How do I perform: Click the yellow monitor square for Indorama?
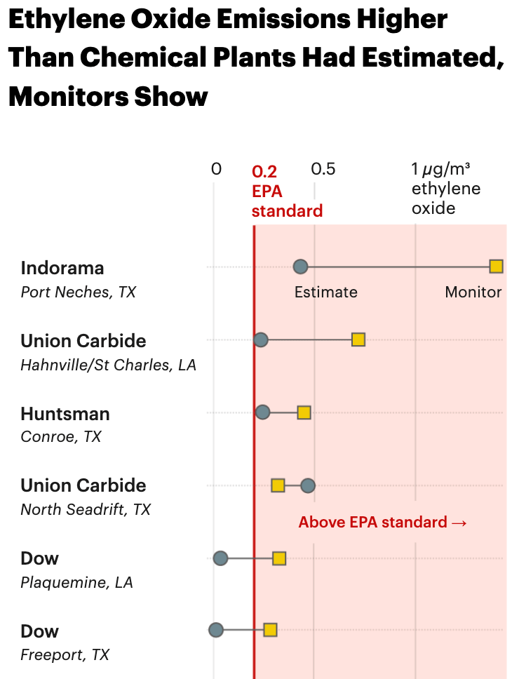tap(496, 267)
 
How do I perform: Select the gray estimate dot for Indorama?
tap(300, 267)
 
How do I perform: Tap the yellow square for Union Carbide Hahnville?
tap(358, 340)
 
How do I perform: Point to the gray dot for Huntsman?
tap(263, 412)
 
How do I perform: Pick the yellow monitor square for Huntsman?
tap(304, 412)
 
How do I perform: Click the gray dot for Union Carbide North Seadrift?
tap(308, 485)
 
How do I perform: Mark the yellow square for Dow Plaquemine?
tap(279, 558)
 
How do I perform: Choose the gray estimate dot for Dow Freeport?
tap(216, 630)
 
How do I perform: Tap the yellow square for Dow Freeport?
tap(270, 630)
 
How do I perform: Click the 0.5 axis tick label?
tap(323, 169)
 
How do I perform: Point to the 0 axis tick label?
tap(216, 169)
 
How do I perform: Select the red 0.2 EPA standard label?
tap(286, 191)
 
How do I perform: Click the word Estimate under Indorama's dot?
tap(325, 293)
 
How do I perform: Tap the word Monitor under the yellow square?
tap(473, 293)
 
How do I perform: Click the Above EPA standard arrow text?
tap(382, 523)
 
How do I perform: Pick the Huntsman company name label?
tap(65, 414)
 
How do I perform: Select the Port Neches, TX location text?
tap(78, 292)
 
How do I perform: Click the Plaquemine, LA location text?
tap(76, 582)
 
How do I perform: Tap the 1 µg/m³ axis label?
tap(440, 169)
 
